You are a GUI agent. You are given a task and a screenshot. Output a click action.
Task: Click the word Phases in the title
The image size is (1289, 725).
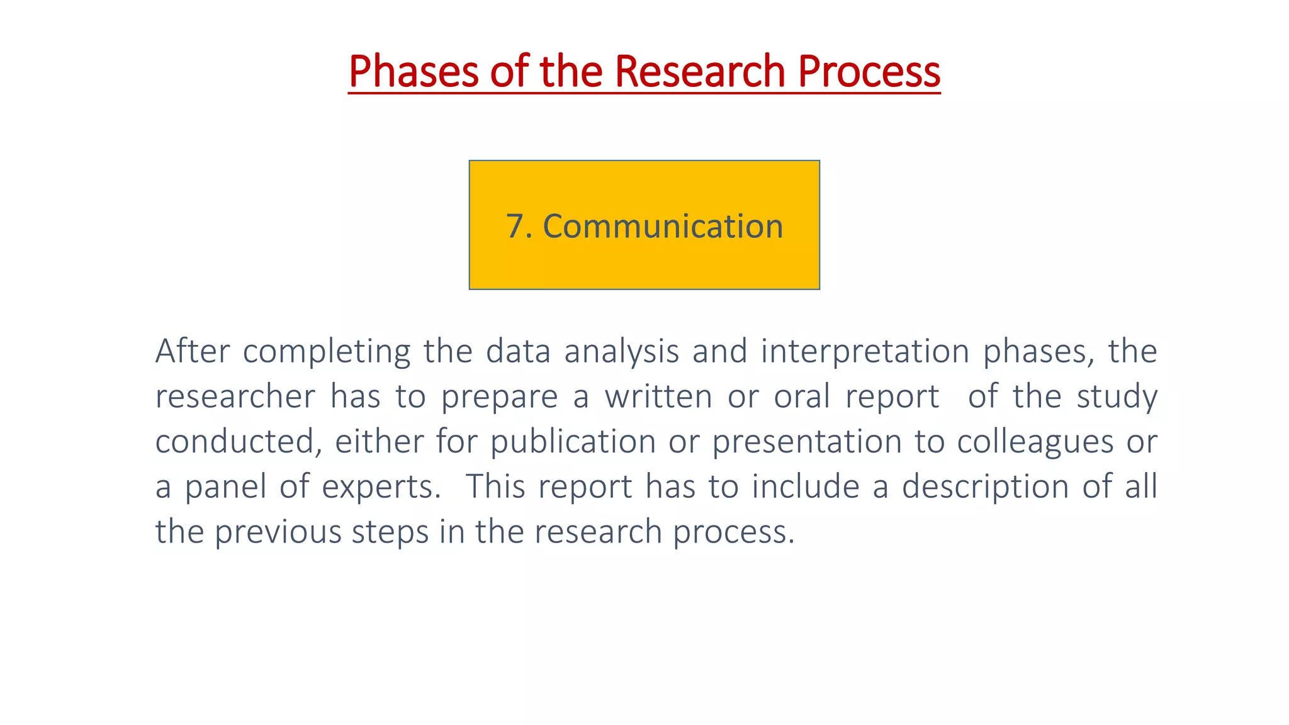tap(414, 71)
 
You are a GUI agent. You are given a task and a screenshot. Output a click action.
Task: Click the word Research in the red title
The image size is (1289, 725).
tap(699, 71)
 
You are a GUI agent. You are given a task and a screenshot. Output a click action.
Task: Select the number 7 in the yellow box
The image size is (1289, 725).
tap(515, 226)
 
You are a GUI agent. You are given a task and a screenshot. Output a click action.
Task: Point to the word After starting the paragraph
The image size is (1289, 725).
tap(193, 351)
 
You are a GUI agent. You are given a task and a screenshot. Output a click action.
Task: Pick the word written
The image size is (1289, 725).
tap(659, 396)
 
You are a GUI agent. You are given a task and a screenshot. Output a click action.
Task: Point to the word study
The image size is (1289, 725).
tap(1117, 397)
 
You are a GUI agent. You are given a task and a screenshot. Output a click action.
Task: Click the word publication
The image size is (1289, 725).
tap(573, 442)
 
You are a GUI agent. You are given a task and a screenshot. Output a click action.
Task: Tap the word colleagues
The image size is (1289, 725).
tap(1035, 442)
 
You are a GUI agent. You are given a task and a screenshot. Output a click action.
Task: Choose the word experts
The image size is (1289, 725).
tap(381, 488)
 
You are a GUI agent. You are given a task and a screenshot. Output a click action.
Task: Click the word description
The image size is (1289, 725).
tap(985, 488)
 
